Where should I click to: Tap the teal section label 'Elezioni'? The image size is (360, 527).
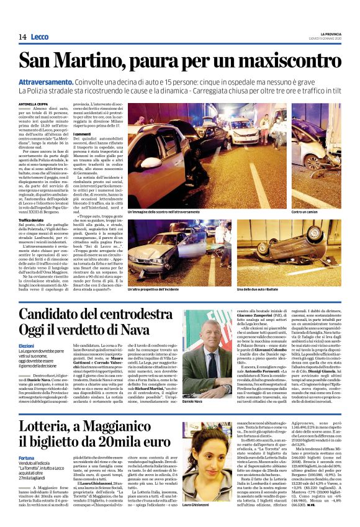pyautogui.click(x=26, y=345)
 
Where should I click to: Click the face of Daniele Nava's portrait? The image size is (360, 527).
pyautogui.click(x=197, y=344)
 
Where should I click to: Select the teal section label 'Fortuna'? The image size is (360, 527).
pyautogui.click(x=27, y=440)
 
